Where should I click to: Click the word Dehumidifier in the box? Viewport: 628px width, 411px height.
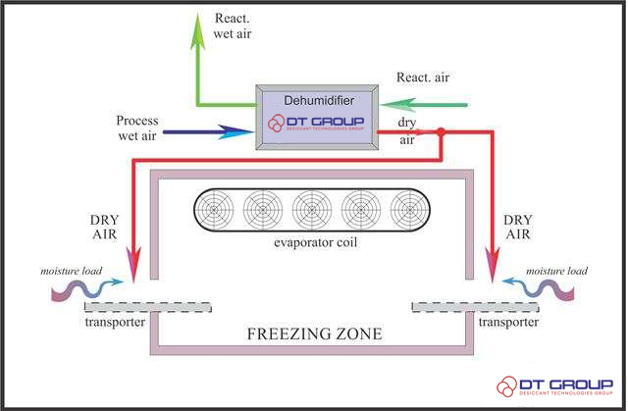coord(317,100)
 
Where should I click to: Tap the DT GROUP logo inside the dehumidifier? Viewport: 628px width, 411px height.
coord(317,124)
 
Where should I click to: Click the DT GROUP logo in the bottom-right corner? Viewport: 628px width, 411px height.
coord(553,386)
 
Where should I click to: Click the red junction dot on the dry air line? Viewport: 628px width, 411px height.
coord(442,131)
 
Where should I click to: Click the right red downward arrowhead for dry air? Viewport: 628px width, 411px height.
coord(493,265)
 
